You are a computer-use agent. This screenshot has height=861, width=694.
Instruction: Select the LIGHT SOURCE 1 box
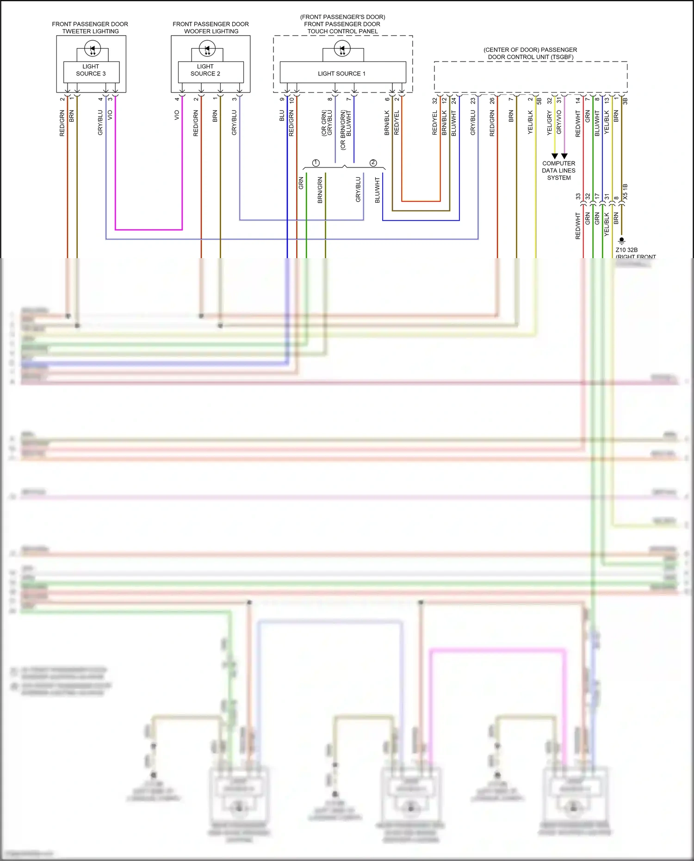[x=342, y=73]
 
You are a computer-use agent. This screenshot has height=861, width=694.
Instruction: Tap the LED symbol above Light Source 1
[x=342, y=49]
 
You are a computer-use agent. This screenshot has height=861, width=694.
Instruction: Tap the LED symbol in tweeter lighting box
[x=93, y=49]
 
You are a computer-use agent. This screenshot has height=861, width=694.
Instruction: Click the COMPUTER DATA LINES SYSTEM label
[x=559, y=170]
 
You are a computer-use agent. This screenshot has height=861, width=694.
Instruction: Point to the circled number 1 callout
[x=316, y=163]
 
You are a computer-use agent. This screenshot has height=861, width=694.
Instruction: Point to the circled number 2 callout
[x=373, y=163]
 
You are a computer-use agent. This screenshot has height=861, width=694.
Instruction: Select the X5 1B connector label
[x=626, y=192]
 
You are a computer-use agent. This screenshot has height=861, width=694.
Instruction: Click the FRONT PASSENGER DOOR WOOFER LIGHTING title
[x=211, y=27]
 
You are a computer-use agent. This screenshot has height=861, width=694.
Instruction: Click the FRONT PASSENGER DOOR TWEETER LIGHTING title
[x=90, y=27]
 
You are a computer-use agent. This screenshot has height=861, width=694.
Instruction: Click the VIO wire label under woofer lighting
[x=177, y=115]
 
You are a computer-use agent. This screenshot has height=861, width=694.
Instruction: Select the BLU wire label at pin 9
[x=282, y=116]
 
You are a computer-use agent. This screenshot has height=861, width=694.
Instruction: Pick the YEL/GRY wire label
[x=550, y=123]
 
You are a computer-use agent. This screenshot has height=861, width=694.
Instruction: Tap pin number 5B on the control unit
[x=539, y=100]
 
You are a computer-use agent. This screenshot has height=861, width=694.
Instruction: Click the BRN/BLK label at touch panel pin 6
[x=387, y=123]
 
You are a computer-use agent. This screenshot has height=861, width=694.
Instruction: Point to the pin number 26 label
[x=492, y=100]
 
